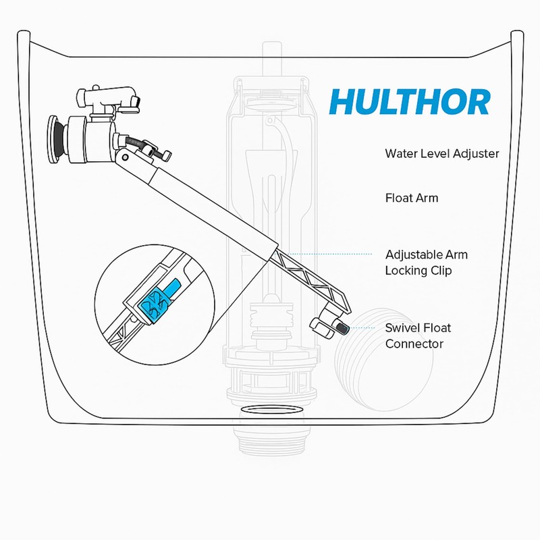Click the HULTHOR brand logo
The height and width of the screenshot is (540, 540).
coord(409,102)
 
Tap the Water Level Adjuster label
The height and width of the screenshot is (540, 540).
coord(442,154)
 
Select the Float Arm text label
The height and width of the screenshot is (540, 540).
coord(411,198)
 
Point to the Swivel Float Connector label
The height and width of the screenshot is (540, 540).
coord(418,336)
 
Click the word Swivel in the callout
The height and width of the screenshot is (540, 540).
coord(402,328)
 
